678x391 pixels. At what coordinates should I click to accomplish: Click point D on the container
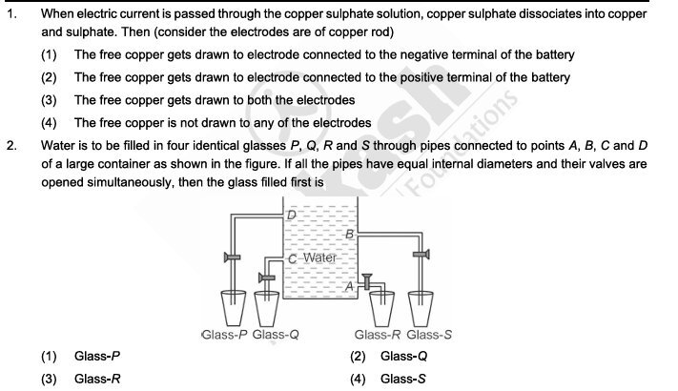[x=293, y=216]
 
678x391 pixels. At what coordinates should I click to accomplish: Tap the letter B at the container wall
[x=349, y=234]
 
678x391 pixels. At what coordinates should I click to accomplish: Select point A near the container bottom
[x=349, y=284]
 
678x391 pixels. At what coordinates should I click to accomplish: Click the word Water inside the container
[x=320, y=258]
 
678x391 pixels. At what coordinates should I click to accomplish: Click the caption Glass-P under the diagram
[x=225, y=335]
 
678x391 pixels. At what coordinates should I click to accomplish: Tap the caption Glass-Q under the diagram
[x=277, y=335]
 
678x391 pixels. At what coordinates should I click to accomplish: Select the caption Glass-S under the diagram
[x=430, y=335]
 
